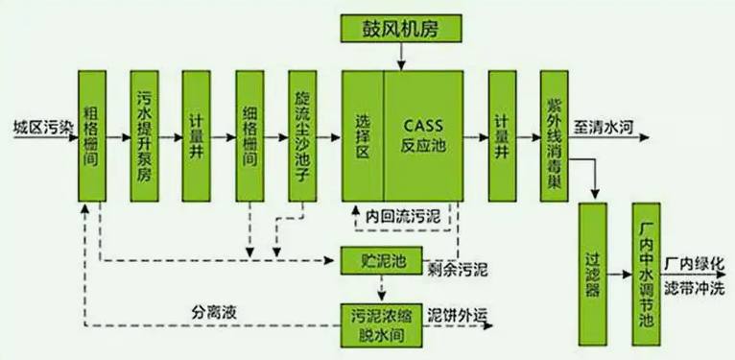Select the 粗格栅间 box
pos(92,135)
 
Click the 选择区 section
pos(363,135)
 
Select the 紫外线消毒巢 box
pos(554,135)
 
